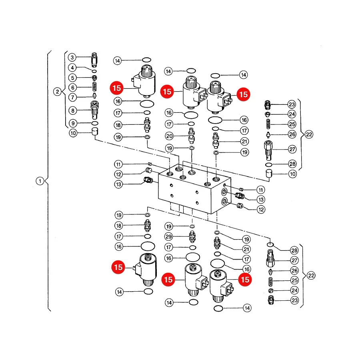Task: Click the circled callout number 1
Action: point(40,181)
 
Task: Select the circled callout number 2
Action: point(57,92)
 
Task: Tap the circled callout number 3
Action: point(72,57)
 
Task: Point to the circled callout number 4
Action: point(72,68)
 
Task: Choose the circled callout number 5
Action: point(72,78)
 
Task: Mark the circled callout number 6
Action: point(72,88)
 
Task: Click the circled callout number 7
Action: point(72,97)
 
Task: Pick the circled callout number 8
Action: point(73,111)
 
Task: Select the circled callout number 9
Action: point(73,123)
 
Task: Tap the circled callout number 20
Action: point(170,136)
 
